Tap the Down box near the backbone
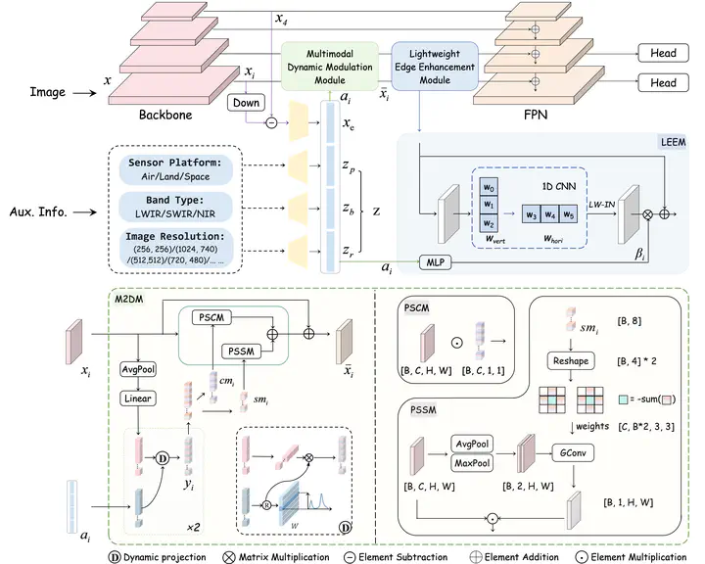pyautogui.click(x=245, y=102)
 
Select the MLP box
pyautogui.click(x=433, y=262)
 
